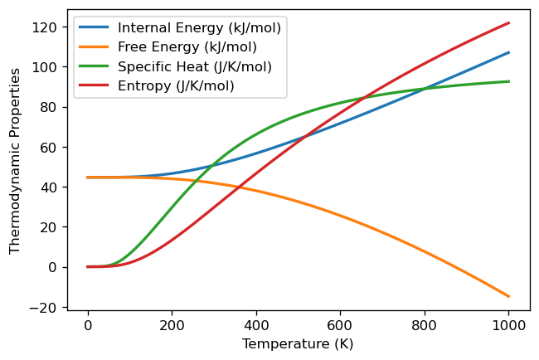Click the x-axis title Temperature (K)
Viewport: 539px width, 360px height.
pos(298,343)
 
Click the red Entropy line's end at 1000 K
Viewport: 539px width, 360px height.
pos(508,23)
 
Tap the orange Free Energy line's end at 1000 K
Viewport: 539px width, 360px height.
pos(508,296)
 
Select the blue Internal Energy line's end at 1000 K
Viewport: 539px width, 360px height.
pos(508,52)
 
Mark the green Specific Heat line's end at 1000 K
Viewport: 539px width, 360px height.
pos(508,81)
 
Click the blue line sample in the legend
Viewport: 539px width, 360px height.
pos(95,28)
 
